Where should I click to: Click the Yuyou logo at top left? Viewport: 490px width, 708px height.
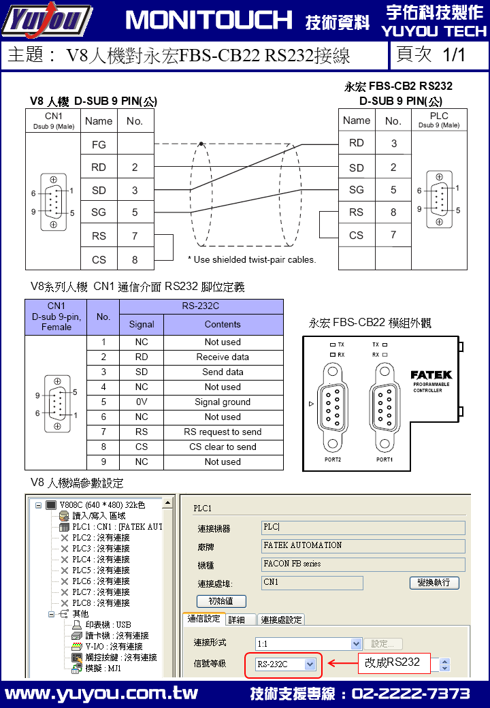pyautogui.click(x=47, y=20)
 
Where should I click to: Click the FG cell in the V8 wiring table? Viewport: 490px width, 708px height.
pyautogui.click(x=99, y=144)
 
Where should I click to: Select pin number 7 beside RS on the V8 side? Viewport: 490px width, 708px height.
pyautogui.click(x=135, y=236)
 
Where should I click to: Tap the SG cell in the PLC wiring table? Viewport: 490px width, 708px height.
pyautogui.click(x=357, y=190)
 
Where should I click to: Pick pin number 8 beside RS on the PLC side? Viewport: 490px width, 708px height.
pyautogui.click(x=393, y=212)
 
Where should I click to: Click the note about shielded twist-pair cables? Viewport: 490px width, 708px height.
pyautogui.click(x=252, y=259)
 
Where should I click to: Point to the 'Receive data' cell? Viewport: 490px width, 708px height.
pyautogui.click(x=223, y=357)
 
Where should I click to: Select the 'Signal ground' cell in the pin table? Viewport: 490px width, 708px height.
pyautogui.click(x=223, y=402)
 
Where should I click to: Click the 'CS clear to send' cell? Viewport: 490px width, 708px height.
pyautogui.click(x=223, y=447)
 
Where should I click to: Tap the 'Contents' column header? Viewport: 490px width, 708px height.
pyautogui.click(x=223, y=324)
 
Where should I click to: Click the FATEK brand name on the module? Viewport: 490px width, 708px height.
pyautogui.click(x=431, y=375)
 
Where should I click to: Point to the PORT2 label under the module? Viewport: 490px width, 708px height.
pyautogui.click(x=333, y=460)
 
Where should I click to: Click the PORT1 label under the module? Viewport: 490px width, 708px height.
pyautogui.click(x=385, y=460)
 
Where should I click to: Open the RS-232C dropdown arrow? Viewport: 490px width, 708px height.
pyautogui.click(x=310, y=664)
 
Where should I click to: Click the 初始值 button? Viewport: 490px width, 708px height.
pyautogui.click(x=222, y=601)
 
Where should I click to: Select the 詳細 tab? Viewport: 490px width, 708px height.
pyautogui.click(x=236, y=619)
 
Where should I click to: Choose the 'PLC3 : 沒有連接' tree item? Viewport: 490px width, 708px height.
pyautogui.click(x=96, y=548)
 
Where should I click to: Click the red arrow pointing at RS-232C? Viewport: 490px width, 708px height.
pyautogui.click(x=343, y=663)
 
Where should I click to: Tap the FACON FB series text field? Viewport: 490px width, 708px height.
pyautogui.click(x=363, y=564)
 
